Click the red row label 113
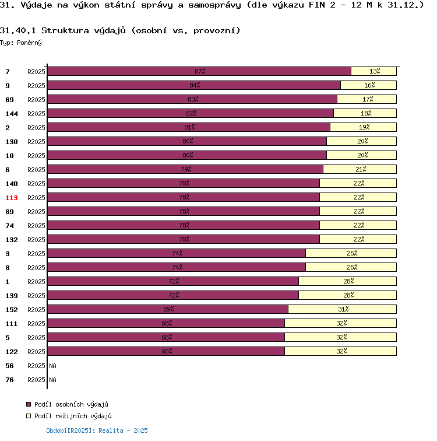[x=11, y=198]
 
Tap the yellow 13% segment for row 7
[x=374, y=71]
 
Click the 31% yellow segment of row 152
[x=343, y=309]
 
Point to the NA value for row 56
[x=53, y=366]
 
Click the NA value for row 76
[x=53, y=380]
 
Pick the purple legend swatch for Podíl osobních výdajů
[x=28, y=404]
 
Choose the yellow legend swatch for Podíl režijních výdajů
[x=28, y=416]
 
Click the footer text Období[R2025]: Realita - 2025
[x=97, y=430]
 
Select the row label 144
[x=11, y=114]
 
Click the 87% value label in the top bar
[x=200, y=71]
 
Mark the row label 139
[x=11, y=296]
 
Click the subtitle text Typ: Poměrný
[x=21, y=43]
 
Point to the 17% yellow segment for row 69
[x=367, y=99]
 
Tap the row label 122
[x=11, y=352]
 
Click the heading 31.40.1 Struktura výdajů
[x=120, y=30]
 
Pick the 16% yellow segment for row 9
[x=369, y=85]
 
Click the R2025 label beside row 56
[x=36, y=366]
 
